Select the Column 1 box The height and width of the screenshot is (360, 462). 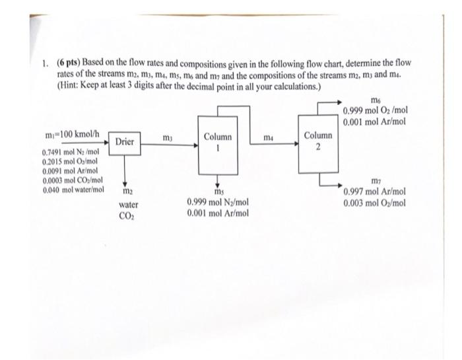pyautogui.click(x=217, y=142)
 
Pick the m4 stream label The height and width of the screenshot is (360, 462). pyautogui.click(x=267, y=137)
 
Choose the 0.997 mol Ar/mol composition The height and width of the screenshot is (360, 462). pyautogui.click(x=375, y=192)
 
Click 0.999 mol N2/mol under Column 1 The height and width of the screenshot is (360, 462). pyautogui.click(x=218, y=203)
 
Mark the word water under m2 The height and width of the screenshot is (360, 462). pyautogui.click(x=129, y=205)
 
